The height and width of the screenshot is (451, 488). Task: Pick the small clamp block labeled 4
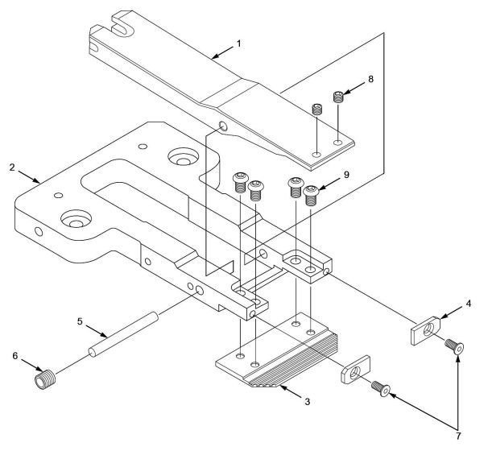pyautogui.click(x=424, y=330)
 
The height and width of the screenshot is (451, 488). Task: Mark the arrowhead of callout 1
pyautogui.click(x=213, y=56)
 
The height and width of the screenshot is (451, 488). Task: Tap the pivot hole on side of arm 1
pyautogui.click(x=222, y=126)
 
